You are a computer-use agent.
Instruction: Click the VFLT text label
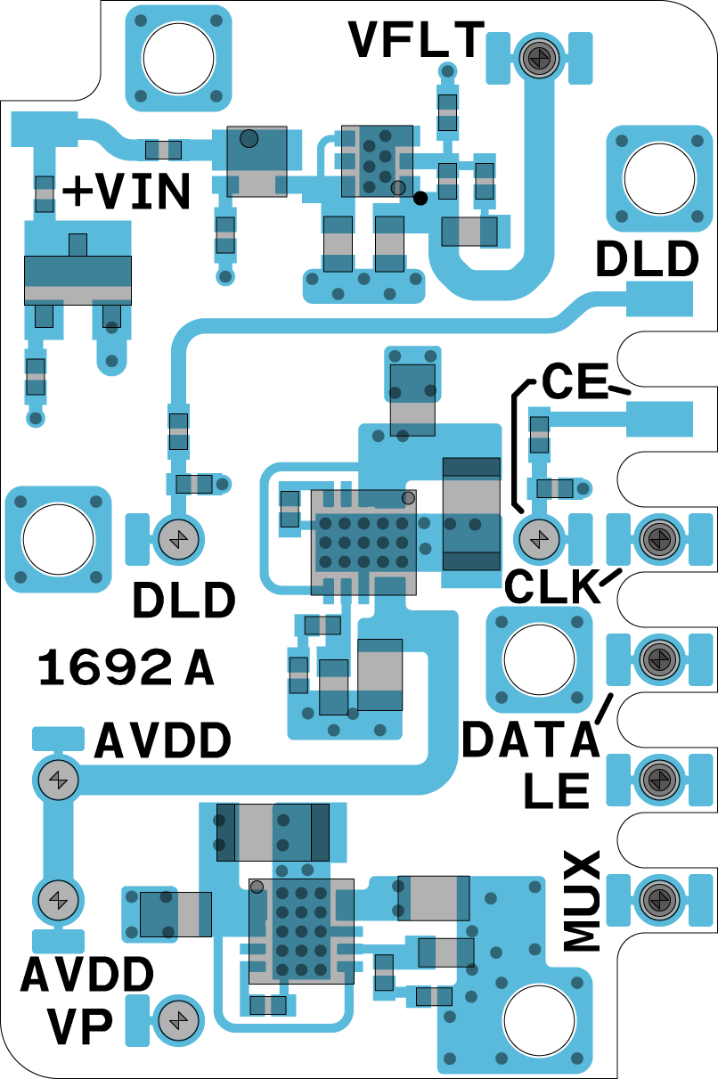point(417,40)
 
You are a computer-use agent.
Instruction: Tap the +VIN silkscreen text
point(126,192)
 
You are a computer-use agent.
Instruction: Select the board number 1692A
point(126,669)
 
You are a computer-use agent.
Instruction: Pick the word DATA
point(529,740)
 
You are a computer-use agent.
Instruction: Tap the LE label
point(557,790)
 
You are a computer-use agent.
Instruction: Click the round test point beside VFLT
point(538,59)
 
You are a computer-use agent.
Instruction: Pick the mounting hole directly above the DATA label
point(538,660)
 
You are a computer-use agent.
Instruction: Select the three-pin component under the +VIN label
point(78,281)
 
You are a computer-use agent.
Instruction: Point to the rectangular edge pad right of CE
point(659,419)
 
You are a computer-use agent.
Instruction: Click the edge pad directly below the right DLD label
point(659,298)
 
